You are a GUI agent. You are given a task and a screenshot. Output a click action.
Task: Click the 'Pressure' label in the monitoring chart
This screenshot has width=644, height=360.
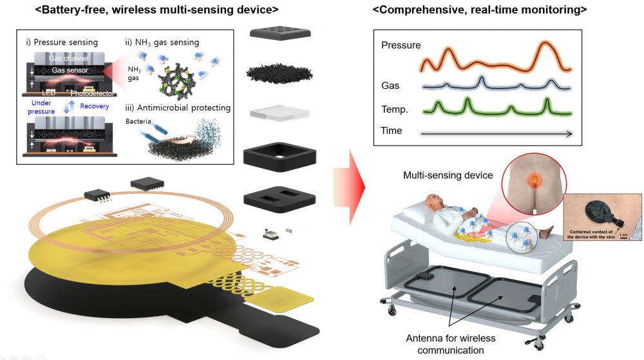(x=401, y=46)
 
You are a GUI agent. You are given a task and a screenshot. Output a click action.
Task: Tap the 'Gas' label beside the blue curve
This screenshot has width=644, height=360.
(x=390, y=86)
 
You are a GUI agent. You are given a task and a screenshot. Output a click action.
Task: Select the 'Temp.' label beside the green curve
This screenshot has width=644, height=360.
(x=394, y=109)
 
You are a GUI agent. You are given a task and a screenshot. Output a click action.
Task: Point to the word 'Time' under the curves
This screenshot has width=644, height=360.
(x=392, y=131)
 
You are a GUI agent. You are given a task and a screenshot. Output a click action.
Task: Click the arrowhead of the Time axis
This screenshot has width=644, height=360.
(x=569, y=133)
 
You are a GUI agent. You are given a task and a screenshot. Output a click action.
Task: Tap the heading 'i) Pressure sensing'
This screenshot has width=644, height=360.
(x=62, y=43)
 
